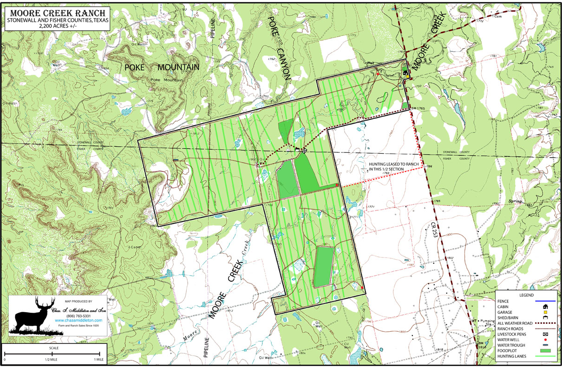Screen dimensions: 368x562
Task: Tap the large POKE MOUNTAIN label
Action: [162, 67]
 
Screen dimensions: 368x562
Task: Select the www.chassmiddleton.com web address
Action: [78, 321]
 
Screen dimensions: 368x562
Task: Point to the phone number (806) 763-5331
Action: [78, 316]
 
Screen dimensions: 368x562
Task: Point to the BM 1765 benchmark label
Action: [418, 108]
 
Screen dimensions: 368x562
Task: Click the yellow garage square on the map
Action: [408, 77]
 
